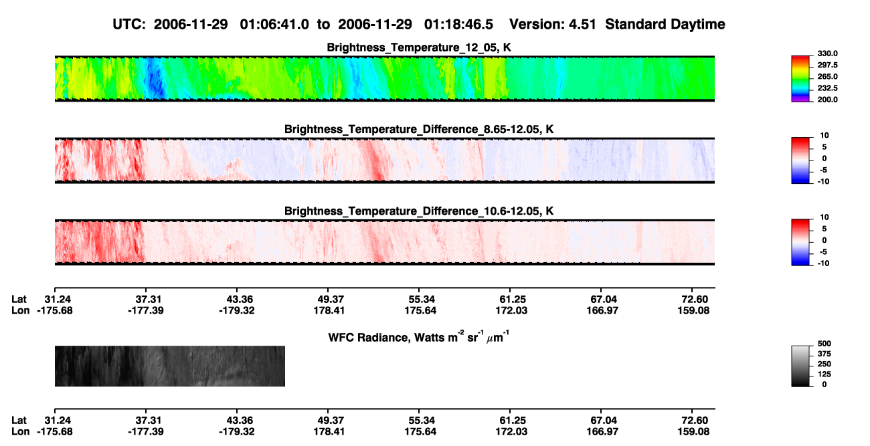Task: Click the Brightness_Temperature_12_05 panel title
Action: [419, 47]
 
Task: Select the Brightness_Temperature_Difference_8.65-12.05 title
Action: [419, 129]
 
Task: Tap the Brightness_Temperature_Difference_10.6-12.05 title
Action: [419, 211]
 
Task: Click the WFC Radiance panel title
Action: [419, 337]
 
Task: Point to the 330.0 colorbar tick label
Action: [827, 53]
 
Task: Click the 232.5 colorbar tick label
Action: [827, 88]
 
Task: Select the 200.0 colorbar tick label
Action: [827, 100]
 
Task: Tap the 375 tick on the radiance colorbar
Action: [824, 354]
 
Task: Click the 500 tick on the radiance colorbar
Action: [824, 344]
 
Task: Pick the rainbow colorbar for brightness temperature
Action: [800, 79]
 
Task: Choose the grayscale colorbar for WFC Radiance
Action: [800, 366]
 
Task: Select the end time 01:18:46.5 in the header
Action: [458, 25]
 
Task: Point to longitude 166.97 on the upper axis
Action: [602, 310]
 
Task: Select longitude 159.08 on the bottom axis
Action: [693, 432]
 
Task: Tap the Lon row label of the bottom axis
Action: [20, 432]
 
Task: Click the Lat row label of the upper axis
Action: [19, 300]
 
